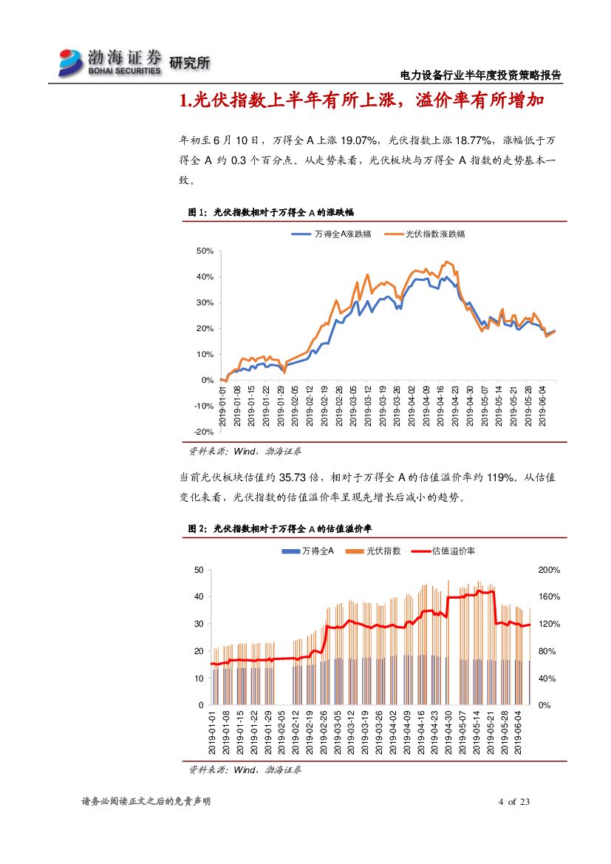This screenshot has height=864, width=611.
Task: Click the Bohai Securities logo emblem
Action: coord(72,62)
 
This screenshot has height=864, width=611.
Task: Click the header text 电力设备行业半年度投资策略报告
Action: coord(480,75)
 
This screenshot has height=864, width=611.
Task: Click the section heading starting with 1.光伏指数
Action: coord(362,101)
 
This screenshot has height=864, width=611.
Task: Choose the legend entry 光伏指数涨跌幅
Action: coord(436,234)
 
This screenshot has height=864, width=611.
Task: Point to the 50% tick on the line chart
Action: coord(205,251)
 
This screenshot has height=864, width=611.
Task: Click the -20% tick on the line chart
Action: coord(204,432)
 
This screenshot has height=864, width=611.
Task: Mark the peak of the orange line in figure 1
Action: coord(446,261)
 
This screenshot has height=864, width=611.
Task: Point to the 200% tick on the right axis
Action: coord(550,570)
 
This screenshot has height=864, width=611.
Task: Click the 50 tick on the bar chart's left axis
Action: coord(199,570)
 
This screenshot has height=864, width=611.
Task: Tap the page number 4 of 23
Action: coord(515,802)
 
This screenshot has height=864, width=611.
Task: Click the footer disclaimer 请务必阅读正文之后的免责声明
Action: coord(146,802)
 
